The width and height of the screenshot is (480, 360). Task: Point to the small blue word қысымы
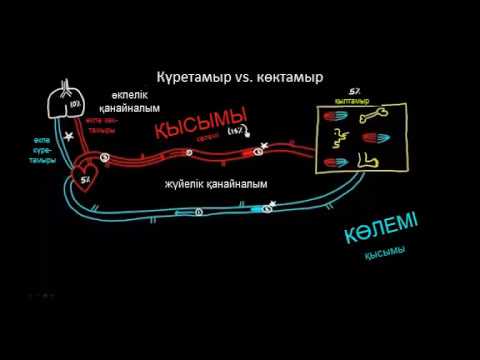(x=384, y=253)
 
